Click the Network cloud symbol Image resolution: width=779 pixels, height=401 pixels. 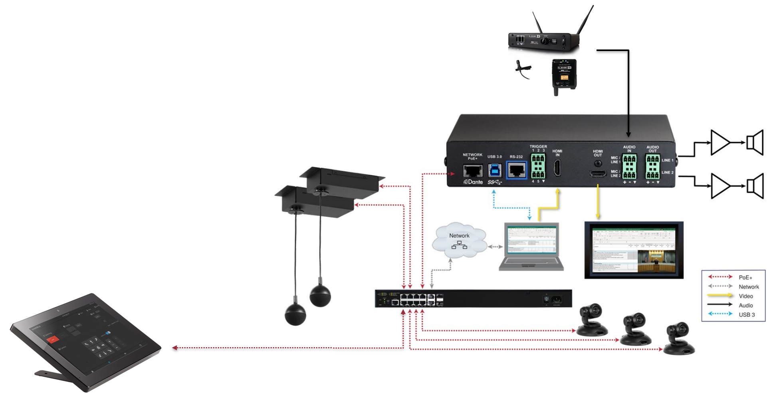pos(459,241)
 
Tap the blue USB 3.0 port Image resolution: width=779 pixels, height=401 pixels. pos(495,171)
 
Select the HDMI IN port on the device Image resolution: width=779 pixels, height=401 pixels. pos(557,168)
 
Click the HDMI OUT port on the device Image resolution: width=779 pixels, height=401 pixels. pos(598,173)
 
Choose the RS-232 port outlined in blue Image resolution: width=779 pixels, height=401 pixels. pos(516,171)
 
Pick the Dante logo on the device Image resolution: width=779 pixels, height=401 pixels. pos(473,182)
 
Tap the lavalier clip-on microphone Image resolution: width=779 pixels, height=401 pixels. pos(523,69)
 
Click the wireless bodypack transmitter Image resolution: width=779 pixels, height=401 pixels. pos(563,76)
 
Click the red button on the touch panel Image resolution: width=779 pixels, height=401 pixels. pos(53,339)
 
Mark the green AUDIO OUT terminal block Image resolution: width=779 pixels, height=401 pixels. pos(652,166)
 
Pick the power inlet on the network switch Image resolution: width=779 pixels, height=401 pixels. pos(556,300)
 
